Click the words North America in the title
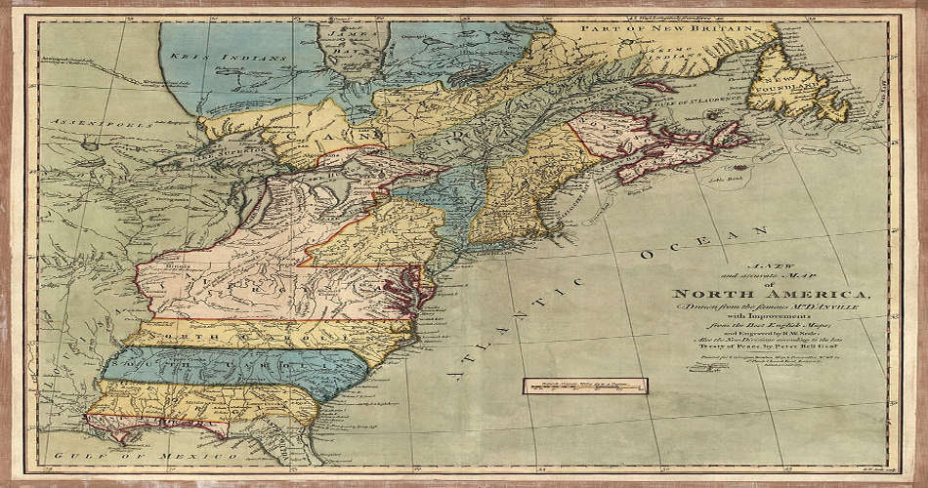(x=773, y=294)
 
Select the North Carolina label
(x=234, y=333)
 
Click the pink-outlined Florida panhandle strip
(x=156, y=424)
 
